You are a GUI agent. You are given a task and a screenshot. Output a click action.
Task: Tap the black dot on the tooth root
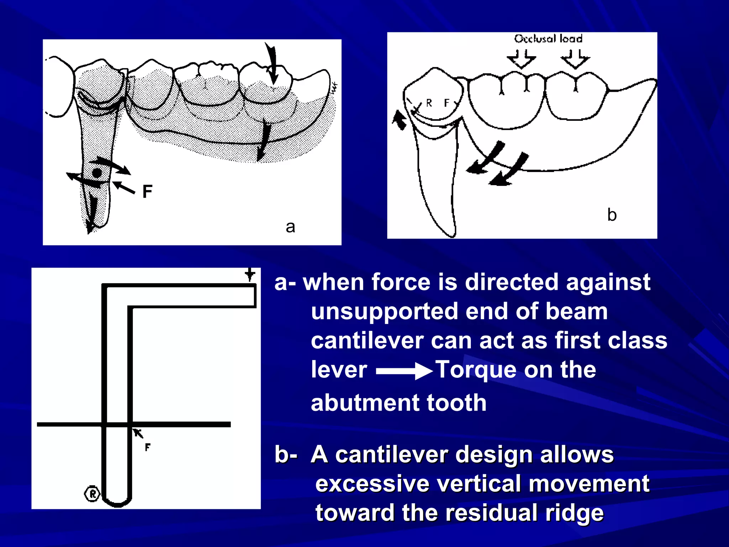[x=97, y=174]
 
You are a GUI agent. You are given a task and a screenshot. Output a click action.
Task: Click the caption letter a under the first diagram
[x=290, y=227]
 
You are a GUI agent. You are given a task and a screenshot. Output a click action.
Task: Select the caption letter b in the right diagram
[x=612, y=215]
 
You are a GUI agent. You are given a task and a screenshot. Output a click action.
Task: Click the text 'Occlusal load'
[x=548, y=38]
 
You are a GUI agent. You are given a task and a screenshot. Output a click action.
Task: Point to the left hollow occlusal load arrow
[x=521, y=59]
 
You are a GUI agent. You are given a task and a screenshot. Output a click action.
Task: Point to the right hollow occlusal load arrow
[x=575, y=59]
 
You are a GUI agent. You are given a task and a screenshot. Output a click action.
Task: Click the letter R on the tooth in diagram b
[x=429, y=103]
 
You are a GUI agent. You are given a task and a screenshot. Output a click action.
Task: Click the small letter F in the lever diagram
[x=148, y=447]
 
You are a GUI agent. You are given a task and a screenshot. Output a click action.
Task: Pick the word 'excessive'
[x=372, y=484]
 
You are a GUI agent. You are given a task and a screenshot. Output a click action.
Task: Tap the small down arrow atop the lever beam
[x=250, y=275]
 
